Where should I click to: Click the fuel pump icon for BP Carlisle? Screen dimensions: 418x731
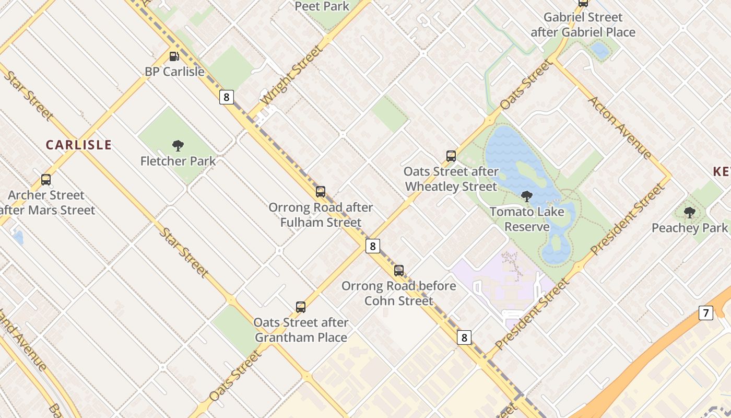click(x=174, y=56)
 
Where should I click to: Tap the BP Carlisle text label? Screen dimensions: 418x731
click(x=174, y=72)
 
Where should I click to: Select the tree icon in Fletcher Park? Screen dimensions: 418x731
click(x=178, y=145)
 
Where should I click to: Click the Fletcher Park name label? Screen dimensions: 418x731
click(x=178, y=161)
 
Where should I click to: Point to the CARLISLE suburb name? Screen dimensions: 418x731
click(x=79, y=145)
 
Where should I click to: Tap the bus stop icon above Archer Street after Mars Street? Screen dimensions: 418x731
click(x=46, y=180)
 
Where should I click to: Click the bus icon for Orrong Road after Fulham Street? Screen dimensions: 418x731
click(x=321, y=192)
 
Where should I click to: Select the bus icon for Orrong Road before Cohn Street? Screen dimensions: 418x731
click(x=399, y=271)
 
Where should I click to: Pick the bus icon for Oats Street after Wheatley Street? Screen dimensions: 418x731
click(x=451, y=156)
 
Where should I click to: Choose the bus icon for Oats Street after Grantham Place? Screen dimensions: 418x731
click(x=301, y=307)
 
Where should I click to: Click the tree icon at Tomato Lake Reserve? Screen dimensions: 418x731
click(x=527, y=196)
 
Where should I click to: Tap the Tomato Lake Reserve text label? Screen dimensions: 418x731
click(x=527, y=219)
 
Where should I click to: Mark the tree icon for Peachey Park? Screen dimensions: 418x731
click(x=690, y=213)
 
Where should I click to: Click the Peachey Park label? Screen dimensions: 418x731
click(x=689, y=228)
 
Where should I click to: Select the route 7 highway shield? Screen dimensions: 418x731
click(x=706, y=313)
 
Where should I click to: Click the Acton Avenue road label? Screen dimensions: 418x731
click(x=620, y=127)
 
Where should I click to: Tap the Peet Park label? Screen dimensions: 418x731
click(x=322, y=6)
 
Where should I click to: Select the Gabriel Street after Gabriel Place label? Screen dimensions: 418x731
click(x=583, y=25)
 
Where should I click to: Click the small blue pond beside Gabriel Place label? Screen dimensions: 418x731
click(x=600, y=50)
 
